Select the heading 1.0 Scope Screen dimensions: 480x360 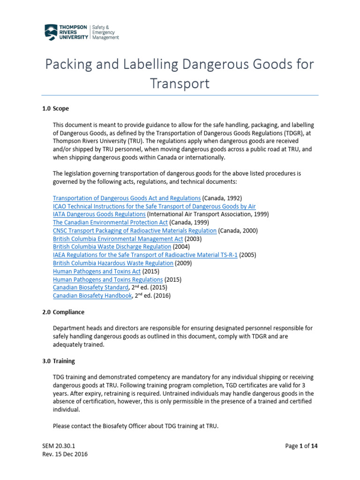click(x=55, y=108)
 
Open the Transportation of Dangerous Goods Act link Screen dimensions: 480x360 click(x=127, y=198)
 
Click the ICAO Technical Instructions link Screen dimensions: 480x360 click(x=154, y=206)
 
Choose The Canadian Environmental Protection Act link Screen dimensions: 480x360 click(x=110, y=222)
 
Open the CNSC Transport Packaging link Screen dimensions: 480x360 click(x=135, y=231)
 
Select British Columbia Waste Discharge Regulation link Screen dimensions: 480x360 click(x=112, y=247)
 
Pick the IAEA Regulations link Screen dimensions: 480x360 click(x=145, y=255)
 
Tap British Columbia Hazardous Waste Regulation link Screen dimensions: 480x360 click(x=113, y=263)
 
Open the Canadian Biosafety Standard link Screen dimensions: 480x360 click(x=90, y=287)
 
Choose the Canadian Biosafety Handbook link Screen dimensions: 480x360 click(x=92, y=296)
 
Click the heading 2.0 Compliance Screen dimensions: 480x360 click(x=63, y=312)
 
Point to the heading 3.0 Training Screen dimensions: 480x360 click(x=59, y=361)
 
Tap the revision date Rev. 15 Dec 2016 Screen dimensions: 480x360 click(x=64, y=454)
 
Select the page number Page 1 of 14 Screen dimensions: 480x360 click(x=302, y=446)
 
